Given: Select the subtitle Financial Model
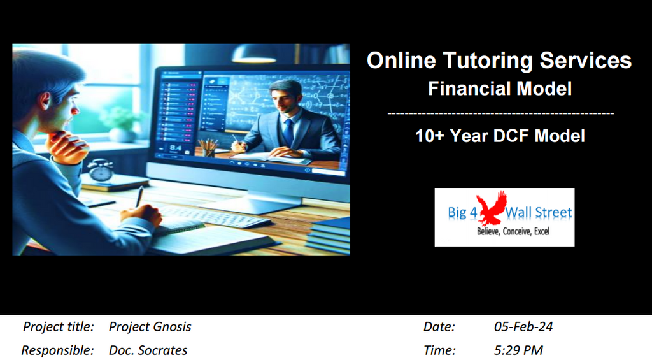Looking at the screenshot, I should (x=500, y=89).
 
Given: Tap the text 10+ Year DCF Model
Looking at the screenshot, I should (x=500, y=136).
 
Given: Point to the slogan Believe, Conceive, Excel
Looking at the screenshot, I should (x=513, y=232).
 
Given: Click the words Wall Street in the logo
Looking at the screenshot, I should (x=540, y=212).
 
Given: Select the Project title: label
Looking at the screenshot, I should (x=59, y=328).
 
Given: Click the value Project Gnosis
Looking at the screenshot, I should (x=150, y=328).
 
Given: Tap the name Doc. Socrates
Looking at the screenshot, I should (x=148, y=350).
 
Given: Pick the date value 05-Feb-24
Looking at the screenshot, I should (x=523, y=328).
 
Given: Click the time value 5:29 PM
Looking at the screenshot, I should (x=518, y=350).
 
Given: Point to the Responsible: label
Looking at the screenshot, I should (x=57, y=350).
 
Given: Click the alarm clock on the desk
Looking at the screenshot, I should (x=101, y=170).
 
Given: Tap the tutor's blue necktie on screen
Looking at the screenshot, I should (x=288, y=133).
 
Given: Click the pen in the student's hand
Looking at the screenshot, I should (x=139, y=197).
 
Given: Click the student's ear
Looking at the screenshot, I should (x=45, y=101).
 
